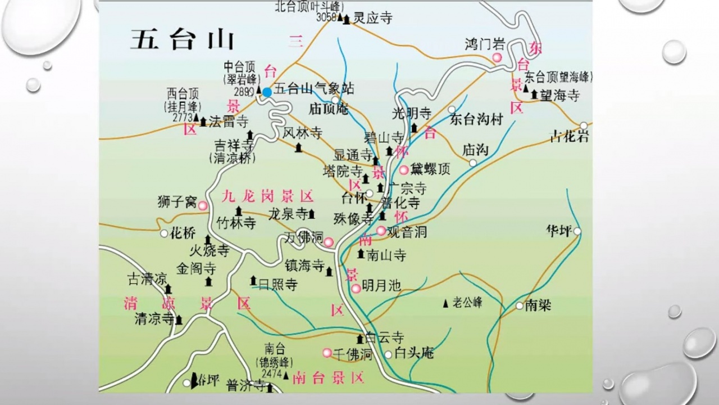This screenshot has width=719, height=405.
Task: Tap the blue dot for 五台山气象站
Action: [x=267, y=92]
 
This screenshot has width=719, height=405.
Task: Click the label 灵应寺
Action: [x=372, y=18]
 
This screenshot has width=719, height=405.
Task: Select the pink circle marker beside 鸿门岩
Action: [x=497, y=58]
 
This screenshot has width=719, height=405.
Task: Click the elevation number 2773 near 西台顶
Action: [x=183, y=118]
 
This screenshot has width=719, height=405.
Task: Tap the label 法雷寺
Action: [x=228, y=121]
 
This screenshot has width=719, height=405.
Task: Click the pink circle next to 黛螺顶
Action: [x=403, y=170]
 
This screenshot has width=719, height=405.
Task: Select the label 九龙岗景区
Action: [x=267, y=196]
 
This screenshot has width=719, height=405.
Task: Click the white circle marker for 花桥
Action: [x=163, y=233]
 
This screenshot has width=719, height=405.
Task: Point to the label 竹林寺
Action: [x=236, y=223]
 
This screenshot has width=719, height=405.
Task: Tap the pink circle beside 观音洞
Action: [x=381, y=231]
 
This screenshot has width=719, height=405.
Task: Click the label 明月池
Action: [x=381, y=286]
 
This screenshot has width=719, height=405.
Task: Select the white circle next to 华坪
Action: [x=577, y=231]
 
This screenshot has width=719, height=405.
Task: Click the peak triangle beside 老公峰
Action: [x=446, y=303]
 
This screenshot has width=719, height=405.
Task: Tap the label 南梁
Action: [x=538, y=305]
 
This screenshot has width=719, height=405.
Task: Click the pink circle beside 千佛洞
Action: [x=327, y=353]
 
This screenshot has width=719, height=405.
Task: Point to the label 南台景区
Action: [x=329, y=377]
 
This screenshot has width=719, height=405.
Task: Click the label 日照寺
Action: [x=277, y=284]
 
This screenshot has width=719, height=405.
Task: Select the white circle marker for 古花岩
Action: [x=584, y=125]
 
